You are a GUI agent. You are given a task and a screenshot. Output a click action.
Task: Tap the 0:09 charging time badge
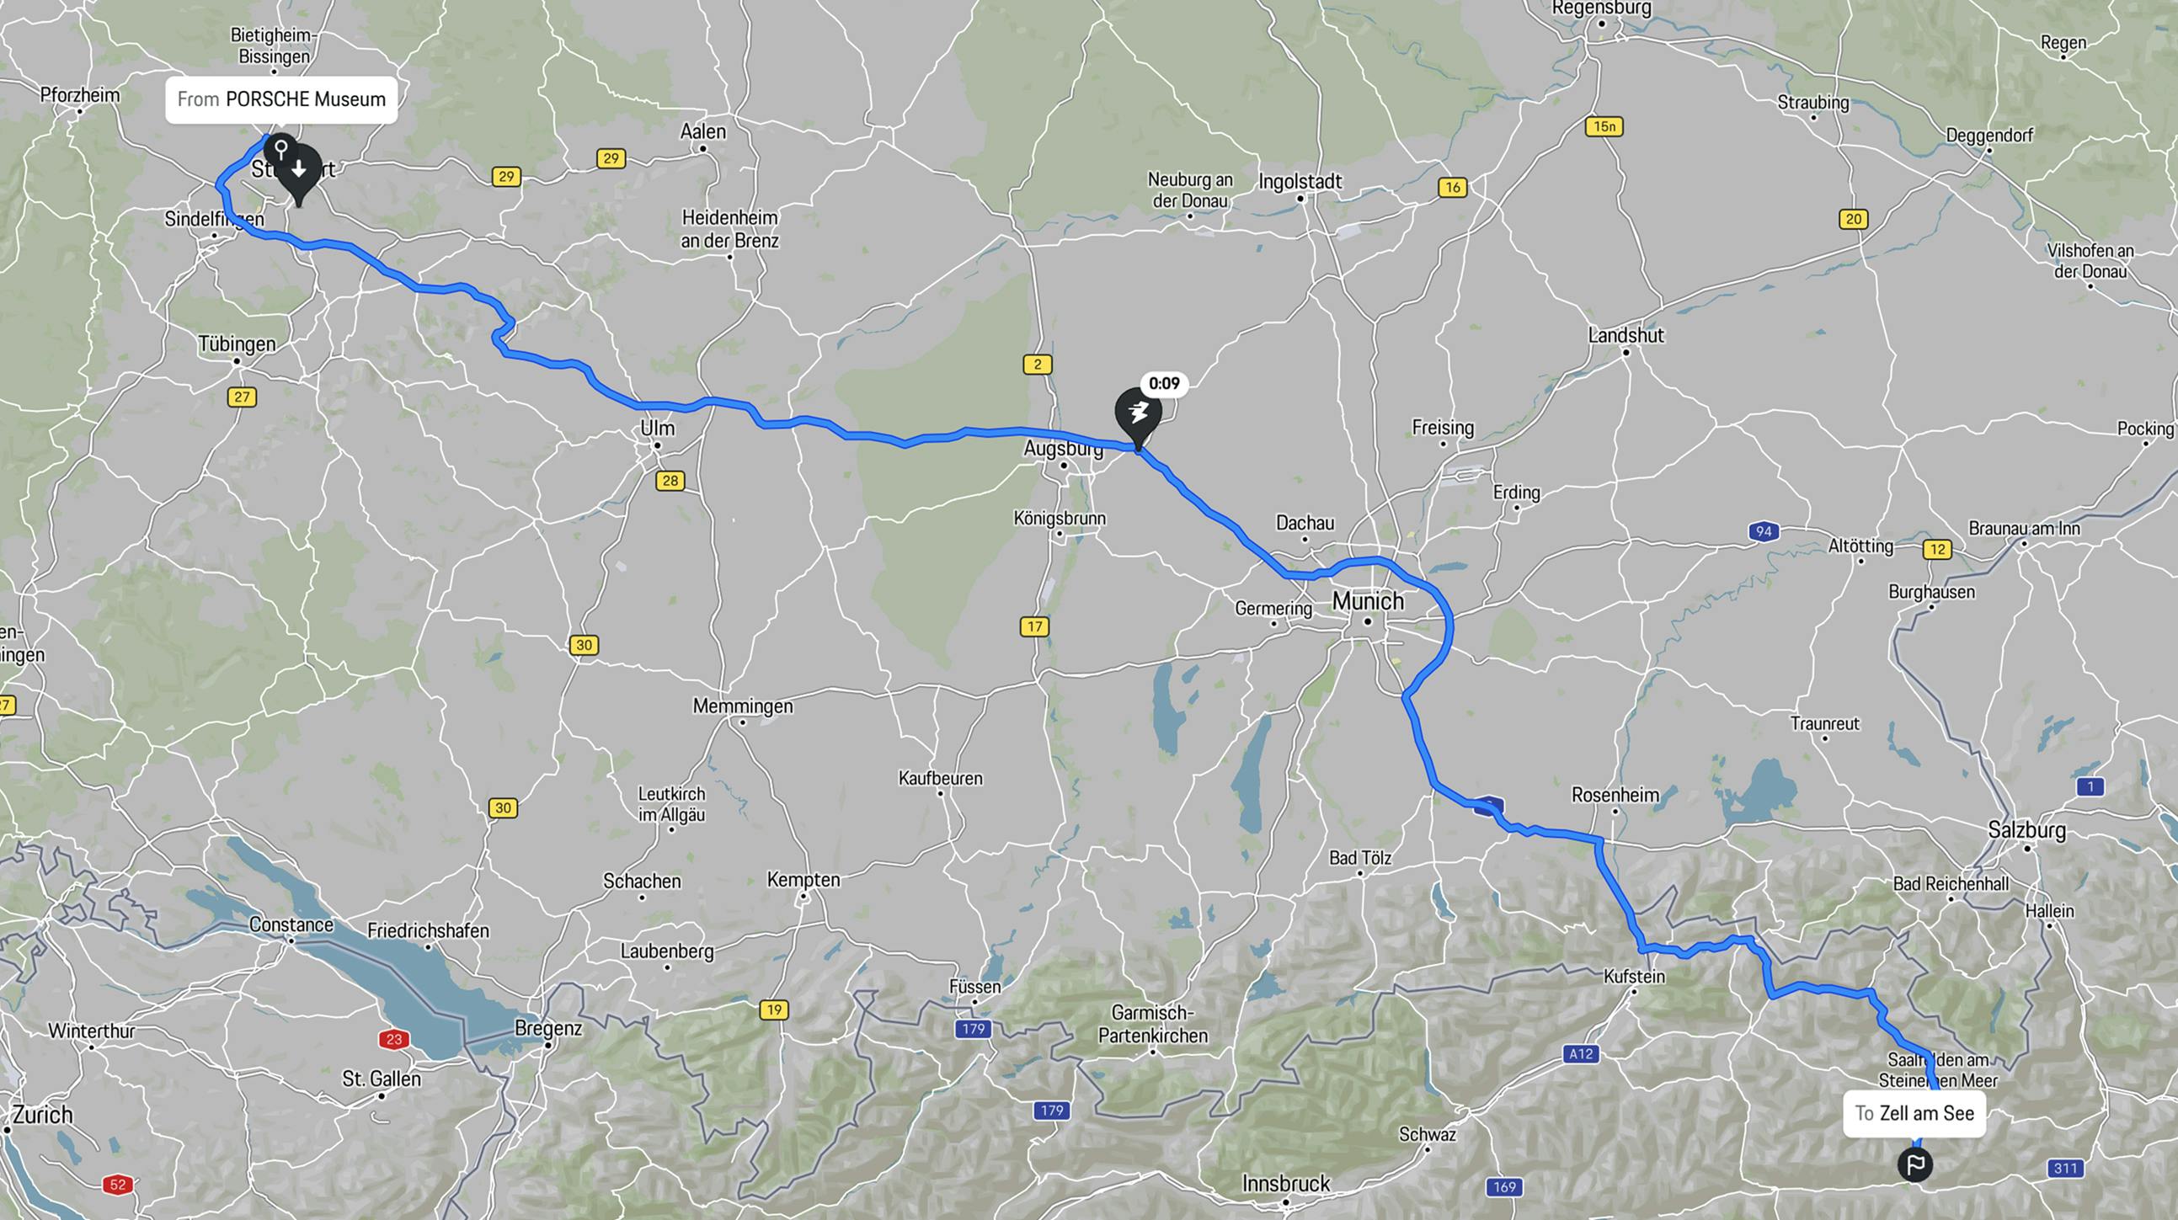[1164, 384]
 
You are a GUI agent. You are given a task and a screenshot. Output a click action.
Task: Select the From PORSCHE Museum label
[280, 99]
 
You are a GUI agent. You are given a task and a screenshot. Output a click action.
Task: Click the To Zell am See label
[1914, 1113]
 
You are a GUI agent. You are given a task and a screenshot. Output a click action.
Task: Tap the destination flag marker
[1915, 1164]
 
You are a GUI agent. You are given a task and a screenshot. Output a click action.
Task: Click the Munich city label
[1367, 601]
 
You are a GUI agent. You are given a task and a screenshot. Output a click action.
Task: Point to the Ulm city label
[657, 428]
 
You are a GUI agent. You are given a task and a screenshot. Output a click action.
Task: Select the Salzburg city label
[2026, 829]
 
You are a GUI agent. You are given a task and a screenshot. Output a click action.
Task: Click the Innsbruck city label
[1285, 1184]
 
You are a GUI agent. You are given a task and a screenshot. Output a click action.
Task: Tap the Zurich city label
[41, 1114]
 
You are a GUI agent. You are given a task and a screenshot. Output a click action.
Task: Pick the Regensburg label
[1601, 8]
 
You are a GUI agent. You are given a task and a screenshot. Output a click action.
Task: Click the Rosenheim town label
[1615, 795]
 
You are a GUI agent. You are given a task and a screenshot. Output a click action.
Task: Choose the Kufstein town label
[1634, 977]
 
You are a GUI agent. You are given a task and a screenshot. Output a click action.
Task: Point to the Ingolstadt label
[1300, 182]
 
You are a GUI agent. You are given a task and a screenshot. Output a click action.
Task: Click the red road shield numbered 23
[393, 1039]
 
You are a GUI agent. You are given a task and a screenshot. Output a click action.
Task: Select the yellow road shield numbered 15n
[1604, 127]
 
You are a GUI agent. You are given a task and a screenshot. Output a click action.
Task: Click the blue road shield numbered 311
[2063, 1169]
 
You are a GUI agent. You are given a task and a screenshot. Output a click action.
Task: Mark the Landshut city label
[1625, 335]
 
